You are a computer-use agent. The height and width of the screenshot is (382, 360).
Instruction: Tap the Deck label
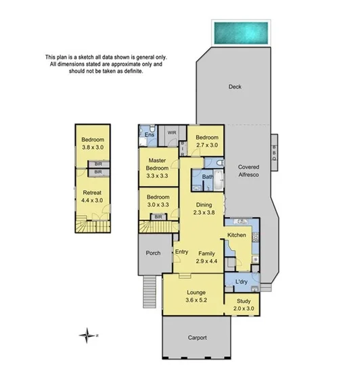coord(235,87)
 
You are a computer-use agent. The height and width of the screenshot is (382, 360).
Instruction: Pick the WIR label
coord(172,133)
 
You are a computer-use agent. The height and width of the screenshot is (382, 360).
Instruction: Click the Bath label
coord(208,178)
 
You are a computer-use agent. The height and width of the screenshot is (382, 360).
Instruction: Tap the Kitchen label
coord(237,235)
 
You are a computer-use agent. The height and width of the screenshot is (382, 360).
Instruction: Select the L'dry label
coord(241,282)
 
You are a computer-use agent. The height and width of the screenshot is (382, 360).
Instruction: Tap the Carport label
coord(196,337)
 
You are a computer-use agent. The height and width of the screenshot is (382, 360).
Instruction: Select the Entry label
coord(181,252)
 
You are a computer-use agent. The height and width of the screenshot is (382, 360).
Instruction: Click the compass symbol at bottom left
coord(87,334)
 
